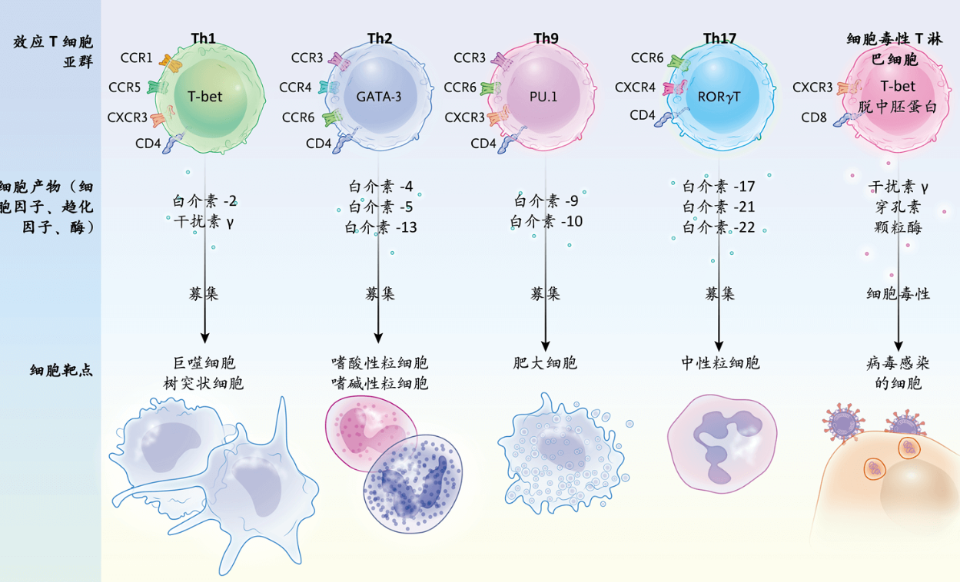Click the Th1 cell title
203,38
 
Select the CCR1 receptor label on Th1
136,58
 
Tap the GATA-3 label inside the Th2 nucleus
378,97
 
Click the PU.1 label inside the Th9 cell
543,97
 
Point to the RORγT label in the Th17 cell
719,98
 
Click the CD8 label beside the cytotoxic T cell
814,117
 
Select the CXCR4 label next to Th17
635,88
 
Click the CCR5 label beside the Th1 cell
125,88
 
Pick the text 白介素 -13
380,227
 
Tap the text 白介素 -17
719,187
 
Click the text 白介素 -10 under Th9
546,221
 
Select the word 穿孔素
898,207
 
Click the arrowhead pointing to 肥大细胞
545,346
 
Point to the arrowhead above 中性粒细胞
719,346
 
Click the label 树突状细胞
203,383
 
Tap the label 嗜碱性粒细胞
380,383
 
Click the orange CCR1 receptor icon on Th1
171,63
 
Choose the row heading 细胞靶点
61,370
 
